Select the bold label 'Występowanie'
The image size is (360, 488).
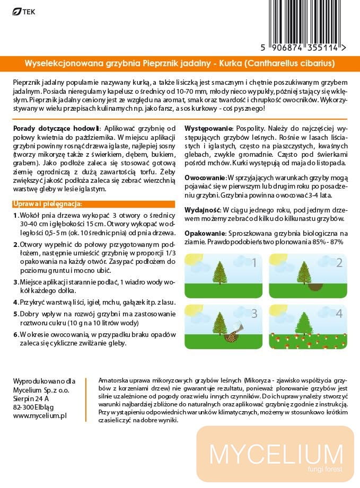pyautogui.click(x=208, y=129)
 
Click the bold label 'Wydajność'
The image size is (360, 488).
pyautogui.click(x=203, y=210)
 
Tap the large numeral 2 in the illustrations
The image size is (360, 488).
pyautogui.click(x=339, y=263)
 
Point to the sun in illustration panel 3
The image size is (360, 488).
pyautogui.click(x=192, y=311)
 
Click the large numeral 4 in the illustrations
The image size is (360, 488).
pyautogui.click(x=339, y=314)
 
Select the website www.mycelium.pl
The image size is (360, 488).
pyautogui.click(x=40, y=416)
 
